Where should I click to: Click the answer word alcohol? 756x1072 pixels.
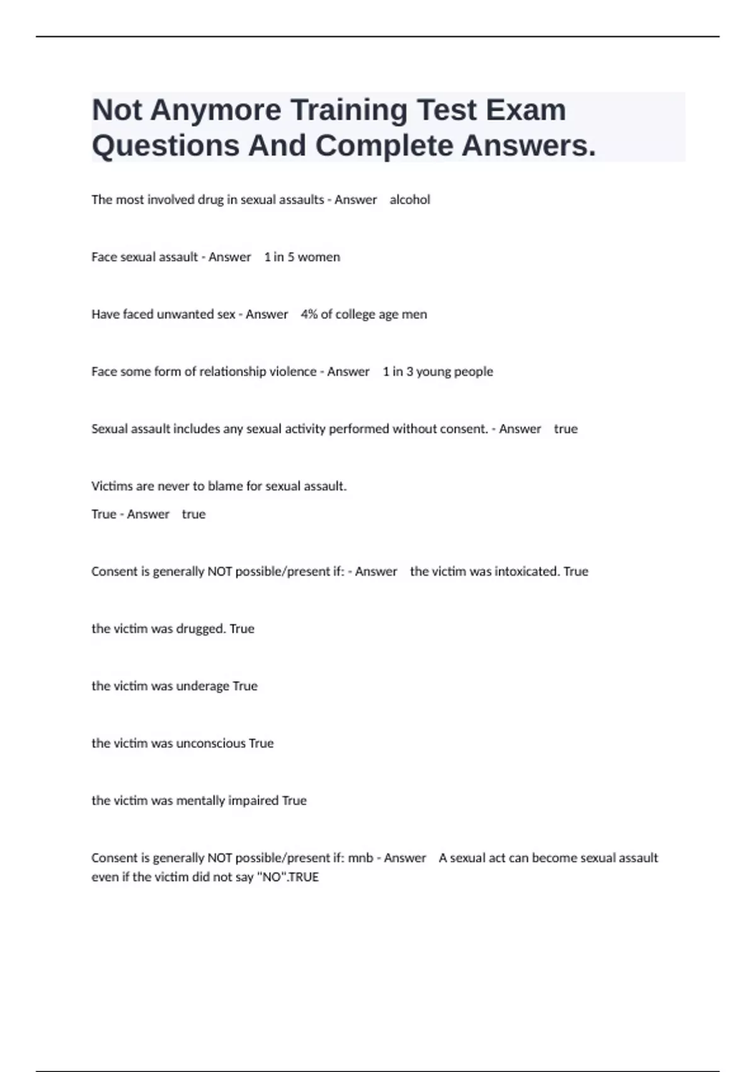tap(409, 200)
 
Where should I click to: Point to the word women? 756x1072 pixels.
tap(319, 257)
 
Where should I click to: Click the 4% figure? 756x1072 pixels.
tap(309, 315)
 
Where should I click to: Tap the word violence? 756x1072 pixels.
tap(293, 372)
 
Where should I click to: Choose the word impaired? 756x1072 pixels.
tap(256, 801)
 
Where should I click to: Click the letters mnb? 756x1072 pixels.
tap(360, 858)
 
